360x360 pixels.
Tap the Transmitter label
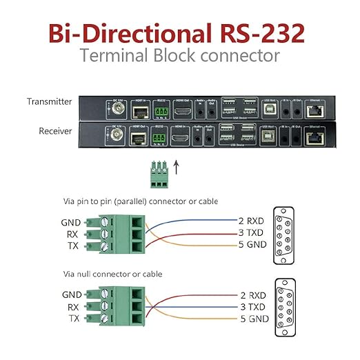point(49,101)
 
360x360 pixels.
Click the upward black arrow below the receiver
point(175,167)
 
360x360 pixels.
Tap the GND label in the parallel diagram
point(71,222)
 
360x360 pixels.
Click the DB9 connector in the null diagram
point(283,304)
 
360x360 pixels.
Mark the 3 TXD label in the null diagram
point(254,306)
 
